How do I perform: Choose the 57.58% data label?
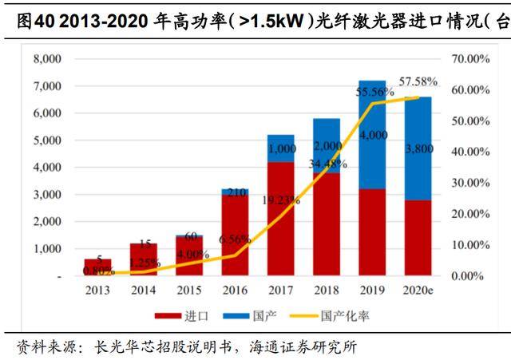point(421,81)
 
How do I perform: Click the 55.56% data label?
point(374,93)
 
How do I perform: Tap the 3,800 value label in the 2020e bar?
point(418,149)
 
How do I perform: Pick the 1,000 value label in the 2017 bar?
point(281,148)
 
